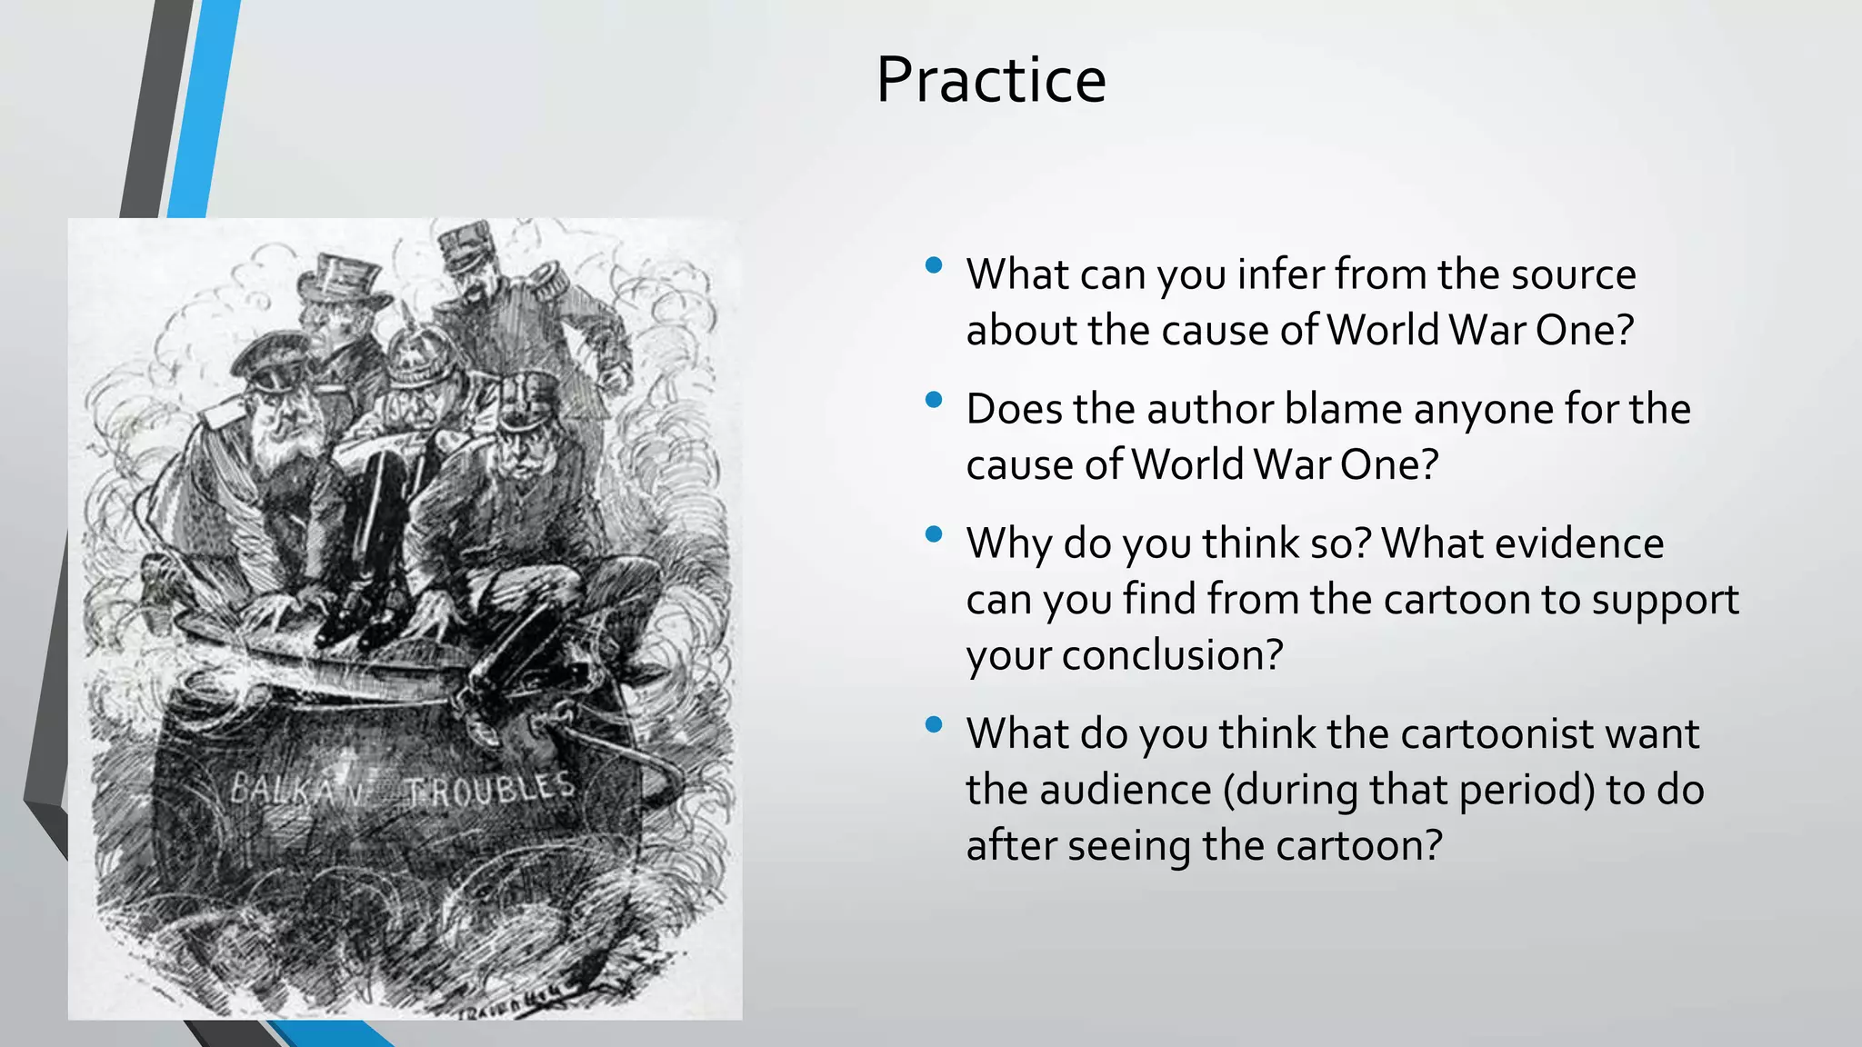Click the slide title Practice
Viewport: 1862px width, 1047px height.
point(990,80)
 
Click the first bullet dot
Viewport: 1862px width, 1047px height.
point(933,266)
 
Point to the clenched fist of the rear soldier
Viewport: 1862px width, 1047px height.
point(615,374)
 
